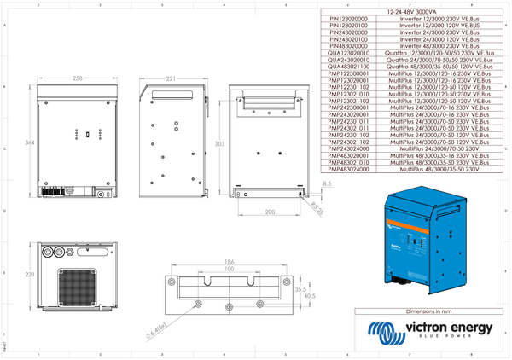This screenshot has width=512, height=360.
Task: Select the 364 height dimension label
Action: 29,142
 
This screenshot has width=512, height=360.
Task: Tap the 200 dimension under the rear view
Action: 270,211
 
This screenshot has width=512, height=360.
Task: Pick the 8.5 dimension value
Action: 328,183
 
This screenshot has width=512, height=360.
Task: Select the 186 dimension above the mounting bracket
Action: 229,262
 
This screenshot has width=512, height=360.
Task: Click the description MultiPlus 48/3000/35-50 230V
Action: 439,170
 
